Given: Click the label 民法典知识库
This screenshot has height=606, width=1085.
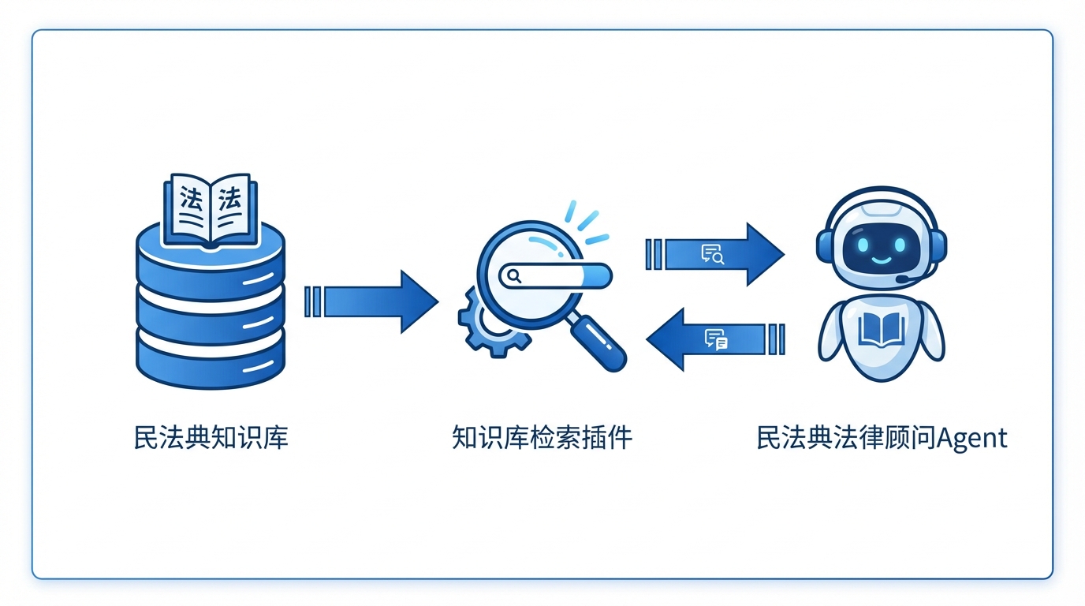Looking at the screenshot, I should pos(211,438).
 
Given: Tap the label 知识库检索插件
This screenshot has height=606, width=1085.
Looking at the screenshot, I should pos(542,438).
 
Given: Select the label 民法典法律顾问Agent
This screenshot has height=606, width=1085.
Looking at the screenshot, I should pos(882,438).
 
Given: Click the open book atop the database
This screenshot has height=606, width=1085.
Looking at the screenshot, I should pos(211,207).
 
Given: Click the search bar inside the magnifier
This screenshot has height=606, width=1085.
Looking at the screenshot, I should pos(555,276).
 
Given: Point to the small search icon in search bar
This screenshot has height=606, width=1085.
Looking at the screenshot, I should pos(514,276).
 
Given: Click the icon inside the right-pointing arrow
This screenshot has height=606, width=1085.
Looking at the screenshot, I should pos(712,254).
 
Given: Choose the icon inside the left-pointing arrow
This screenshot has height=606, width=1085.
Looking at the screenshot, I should pos(716,339).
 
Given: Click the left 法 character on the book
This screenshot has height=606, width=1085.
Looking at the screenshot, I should pos(190,197).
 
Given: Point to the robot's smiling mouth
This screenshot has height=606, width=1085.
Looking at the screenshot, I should pos(880,258).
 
